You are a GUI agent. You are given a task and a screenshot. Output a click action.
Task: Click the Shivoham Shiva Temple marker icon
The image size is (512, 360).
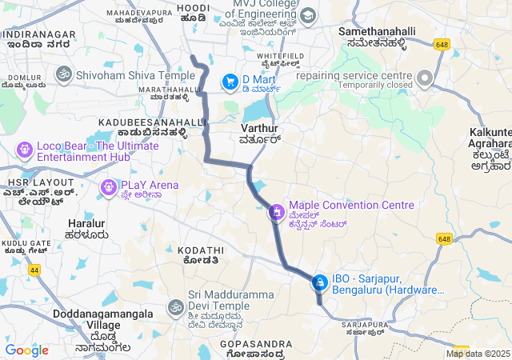point(62,74)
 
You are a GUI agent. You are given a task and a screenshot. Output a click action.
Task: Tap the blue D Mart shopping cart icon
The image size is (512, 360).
point(230,80)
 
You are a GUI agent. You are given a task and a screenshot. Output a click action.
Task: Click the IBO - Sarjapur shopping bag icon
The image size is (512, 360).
point(319,282)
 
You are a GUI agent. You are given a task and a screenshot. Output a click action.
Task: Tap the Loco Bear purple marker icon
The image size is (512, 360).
point(24,149)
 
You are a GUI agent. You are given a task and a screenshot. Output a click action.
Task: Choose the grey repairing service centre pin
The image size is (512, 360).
point(424,78)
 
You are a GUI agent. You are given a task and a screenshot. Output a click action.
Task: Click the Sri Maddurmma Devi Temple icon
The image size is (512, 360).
point(175,306)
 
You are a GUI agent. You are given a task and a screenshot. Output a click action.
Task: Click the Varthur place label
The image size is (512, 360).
point(259,128)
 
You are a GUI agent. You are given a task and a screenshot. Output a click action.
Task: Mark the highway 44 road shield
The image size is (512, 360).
point(34,270)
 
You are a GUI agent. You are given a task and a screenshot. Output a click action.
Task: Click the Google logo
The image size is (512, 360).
point(26,350)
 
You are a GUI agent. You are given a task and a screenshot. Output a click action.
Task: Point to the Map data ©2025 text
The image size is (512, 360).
point(478,354)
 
